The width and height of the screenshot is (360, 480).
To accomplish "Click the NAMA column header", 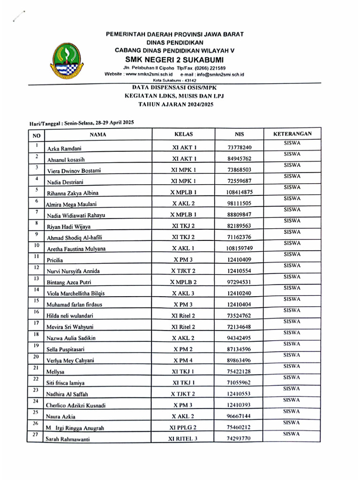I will click(98, 135).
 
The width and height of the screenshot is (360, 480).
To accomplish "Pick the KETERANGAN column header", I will click(292, 134).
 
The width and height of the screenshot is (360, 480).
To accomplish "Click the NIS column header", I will click(239, 135).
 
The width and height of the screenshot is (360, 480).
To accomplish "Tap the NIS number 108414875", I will click(239, 192).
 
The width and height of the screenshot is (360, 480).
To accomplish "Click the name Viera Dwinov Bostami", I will click(74, 171).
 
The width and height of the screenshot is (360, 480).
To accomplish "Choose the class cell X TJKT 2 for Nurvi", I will click(183, 271).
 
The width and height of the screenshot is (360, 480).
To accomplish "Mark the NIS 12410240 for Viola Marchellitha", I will click(239, 293).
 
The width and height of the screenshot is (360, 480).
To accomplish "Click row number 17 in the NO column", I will click(36, 323).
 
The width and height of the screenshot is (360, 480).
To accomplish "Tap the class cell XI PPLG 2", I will click(183, 427).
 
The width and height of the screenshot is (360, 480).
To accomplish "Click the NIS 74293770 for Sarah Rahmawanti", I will click(239, 439).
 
